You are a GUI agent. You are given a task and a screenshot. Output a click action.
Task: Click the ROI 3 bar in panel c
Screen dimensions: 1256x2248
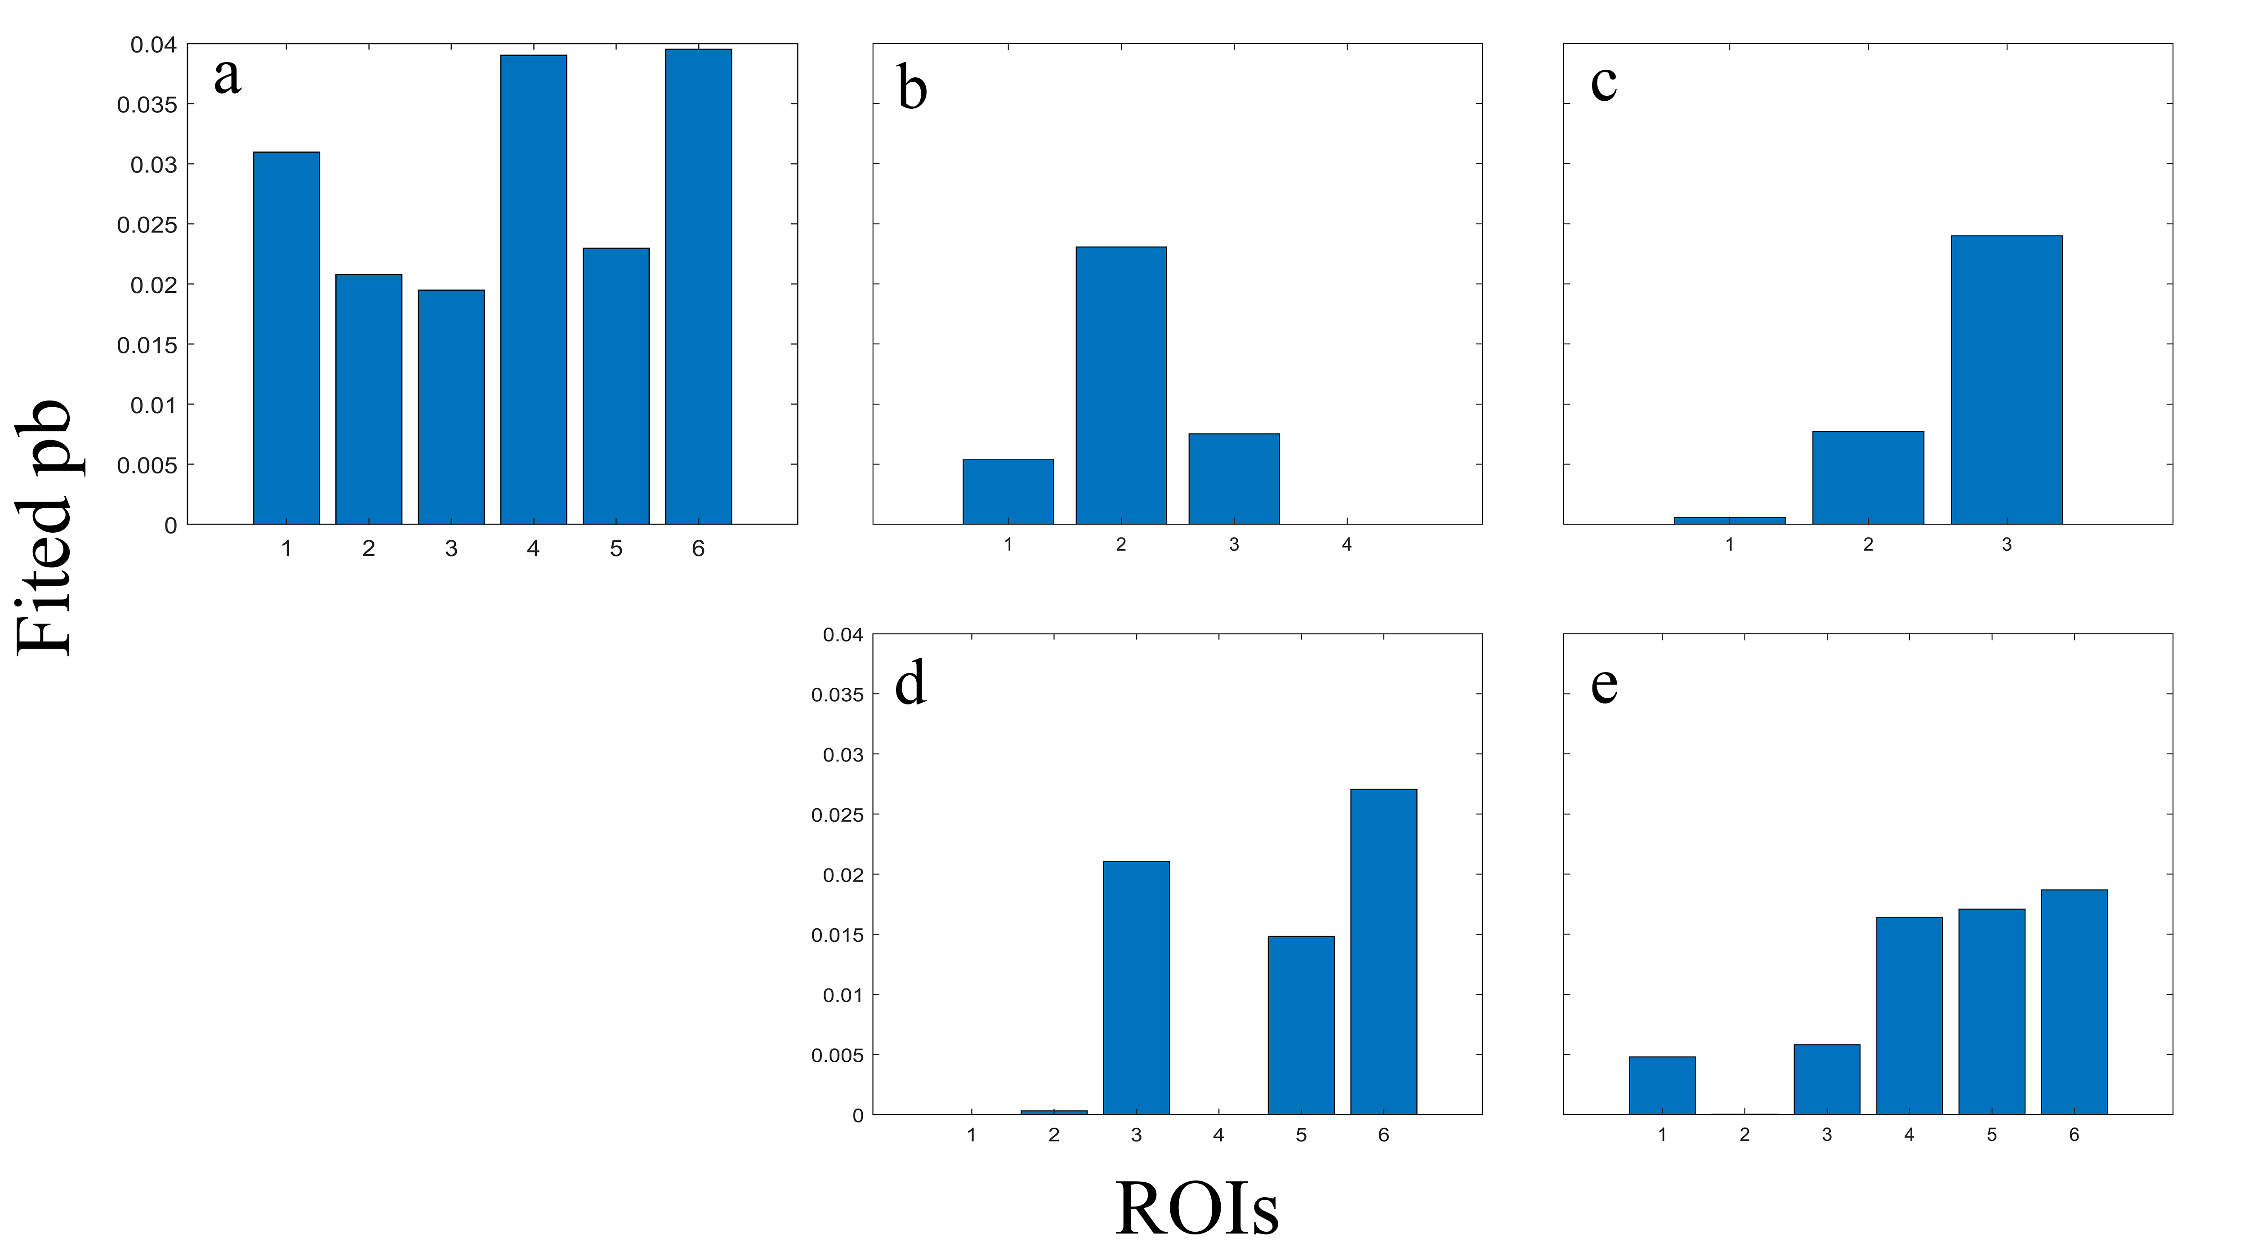coord(2006,380)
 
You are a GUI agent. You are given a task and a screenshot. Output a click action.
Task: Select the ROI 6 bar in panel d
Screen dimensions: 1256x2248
coord(1383,951)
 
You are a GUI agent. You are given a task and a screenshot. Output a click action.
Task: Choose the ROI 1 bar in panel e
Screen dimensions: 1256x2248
coord(1662,1085)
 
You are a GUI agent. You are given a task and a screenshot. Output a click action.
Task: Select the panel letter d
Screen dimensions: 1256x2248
coord(910,683)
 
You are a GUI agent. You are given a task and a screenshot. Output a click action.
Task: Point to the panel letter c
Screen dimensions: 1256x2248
coord(1603,82)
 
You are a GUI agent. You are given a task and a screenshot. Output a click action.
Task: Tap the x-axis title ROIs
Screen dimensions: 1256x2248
coord(1196,1209)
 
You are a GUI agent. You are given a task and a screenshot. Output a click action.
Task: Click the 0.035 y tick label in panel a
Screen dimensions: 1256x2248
coord(147,105)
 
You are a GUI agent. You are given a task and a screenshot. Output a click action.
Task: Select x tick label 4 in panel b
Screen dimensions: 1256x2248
coord(1347,545)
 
